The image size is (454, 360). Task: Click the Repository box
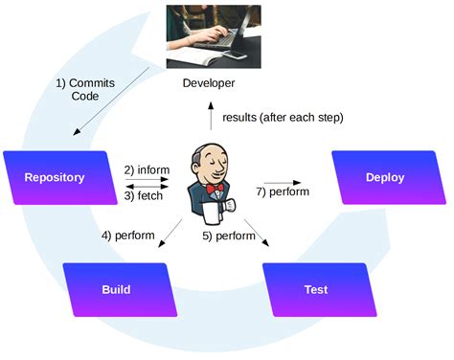click(x=54, y=177)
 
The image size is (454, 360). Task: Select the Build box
click(x=116, y=288)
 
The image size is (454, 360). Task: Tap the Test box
click(x=315, y=288)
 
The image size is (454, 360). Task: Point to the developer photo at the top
click(x=212, y=35)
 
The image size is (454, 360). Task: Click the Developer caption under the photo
click(x=209, y=83)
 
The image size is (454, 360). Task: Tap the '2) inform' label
click(x=147, y=170)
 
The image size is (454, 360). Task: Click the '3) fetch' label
click(x=145, y=196)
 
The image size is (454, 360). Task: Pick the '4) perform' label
click(x=128, y=235)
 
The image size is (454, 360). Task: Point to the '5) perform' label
click(x=228, y=235)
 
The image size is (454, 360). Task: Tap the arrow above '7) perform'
click(x=284, y=182)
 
